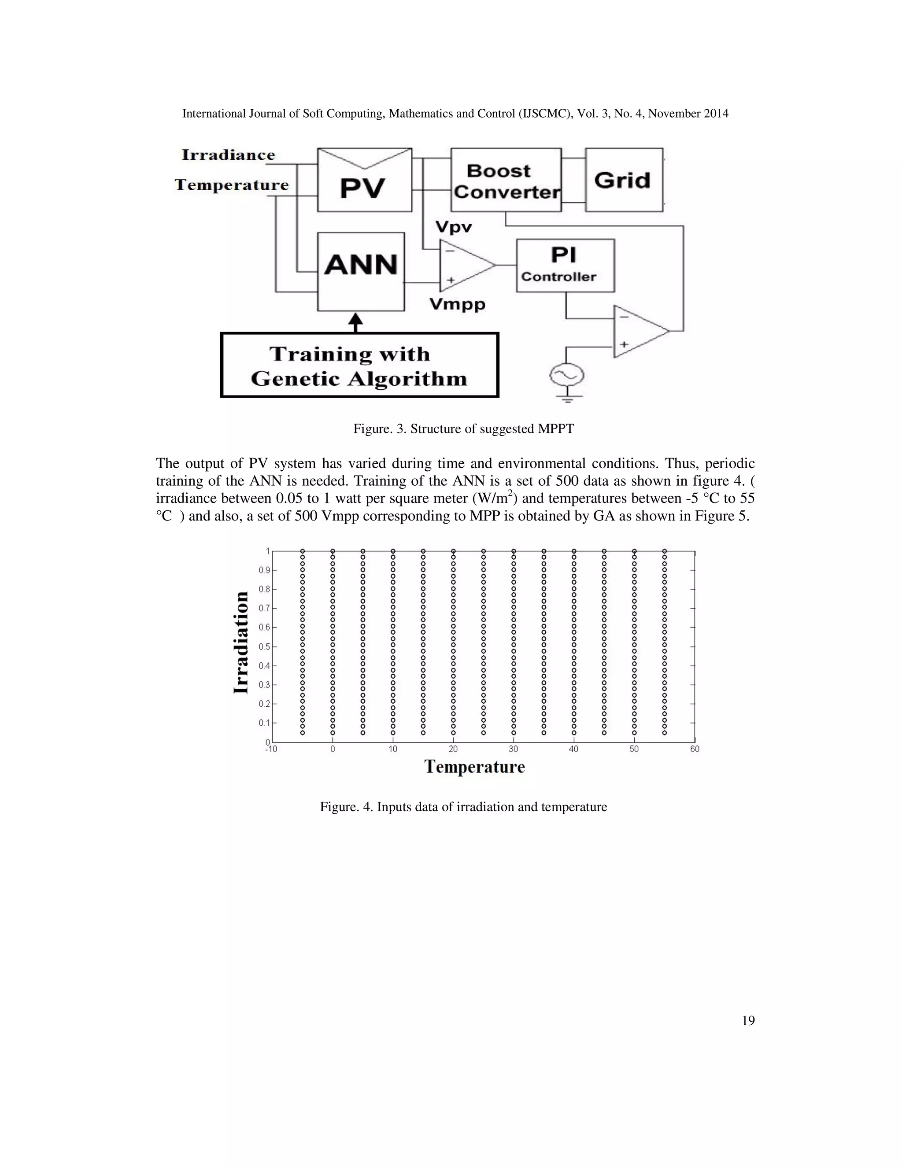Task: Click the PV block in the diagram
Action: (364, 181)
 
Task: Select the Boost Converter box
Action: (506, 181)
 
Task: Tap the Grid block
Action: (624, 181)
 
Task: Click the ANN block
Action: (361, 271)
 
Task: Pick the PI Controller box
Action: (565, 265)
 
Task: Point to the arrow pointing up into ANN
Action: (355, 321)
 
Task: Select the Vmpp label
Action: (458, 305)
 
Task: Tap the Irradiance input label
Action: (228, 155)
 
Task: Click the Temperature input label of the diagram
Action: (231, 185)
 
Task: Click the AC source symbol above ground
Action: (566, 376)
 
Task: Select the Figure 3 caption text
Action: (463, 428)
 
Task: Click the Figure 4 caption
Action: (463, 807)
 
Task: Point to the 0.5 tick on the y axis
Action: (265, 646)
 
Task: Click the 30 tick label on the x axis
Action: (514, 750)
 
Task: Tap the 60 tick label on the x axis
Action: (694, 750)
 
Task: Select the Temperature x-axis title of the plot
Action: (474, 767)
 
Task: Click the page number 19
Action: (748, 1021)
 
